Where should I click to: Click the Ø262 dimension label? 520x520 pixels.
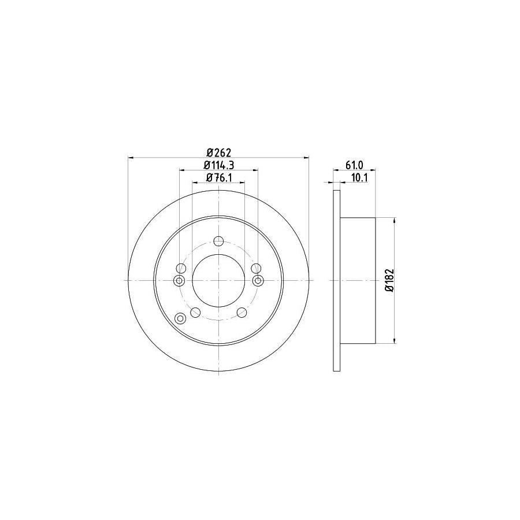218,153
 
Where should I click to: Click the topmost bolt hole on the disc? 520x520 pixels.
218,242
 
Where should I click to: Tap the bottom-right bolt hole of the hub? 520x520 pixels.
242,313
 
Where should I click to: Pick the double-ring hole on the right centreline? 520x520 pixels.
258,280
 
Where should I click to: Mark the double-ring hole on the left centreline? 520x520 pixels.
179,280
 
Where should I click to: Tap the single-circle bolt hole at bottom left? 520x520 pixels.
195,313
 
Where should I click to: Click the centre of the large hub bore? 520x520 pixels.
218,280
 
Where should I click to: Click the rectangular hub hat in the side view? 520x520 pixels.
358,280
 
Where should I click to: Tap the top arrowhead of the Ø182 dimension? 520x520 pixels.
395,221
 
